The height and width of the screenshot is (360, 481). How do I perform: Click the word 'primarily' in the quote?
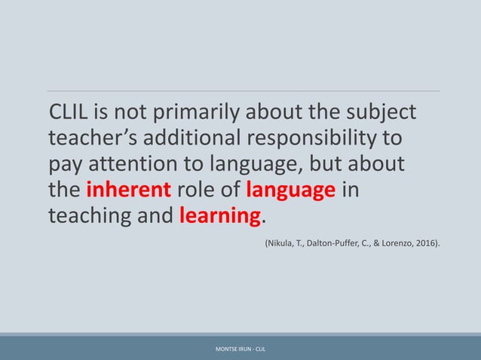tap(188, 114)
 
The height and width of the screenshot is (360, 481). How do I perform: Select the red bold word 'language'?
tap(291, 191)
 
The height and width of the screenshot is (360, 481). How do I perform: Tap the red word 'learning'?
tap(220, 216)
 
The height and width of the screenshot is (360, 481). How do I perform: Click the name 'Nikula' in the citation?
tap(278, 244)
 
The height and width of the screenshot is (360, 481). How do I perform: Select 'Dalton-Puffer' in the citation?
tap(330, 244)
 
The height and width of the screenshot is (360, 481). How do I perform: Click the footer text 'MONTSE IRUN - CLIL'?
tap(240, 349)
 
